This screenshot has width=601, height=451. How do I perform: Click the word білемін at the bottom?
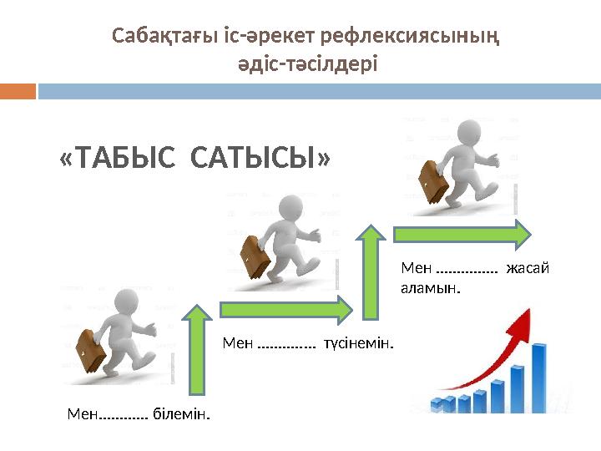[x=180, y=413]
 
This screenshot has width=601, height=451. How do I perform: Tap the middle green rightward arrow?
[x=285, y=309]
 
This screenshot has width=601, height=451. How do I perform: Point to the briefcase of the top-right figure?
[x=432, y=181]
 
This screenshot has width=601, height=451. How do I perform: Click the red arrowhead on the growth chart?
[x=525, y=322]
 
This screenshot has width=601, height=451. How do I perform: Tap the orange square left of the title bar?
[x=18, y=91]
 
